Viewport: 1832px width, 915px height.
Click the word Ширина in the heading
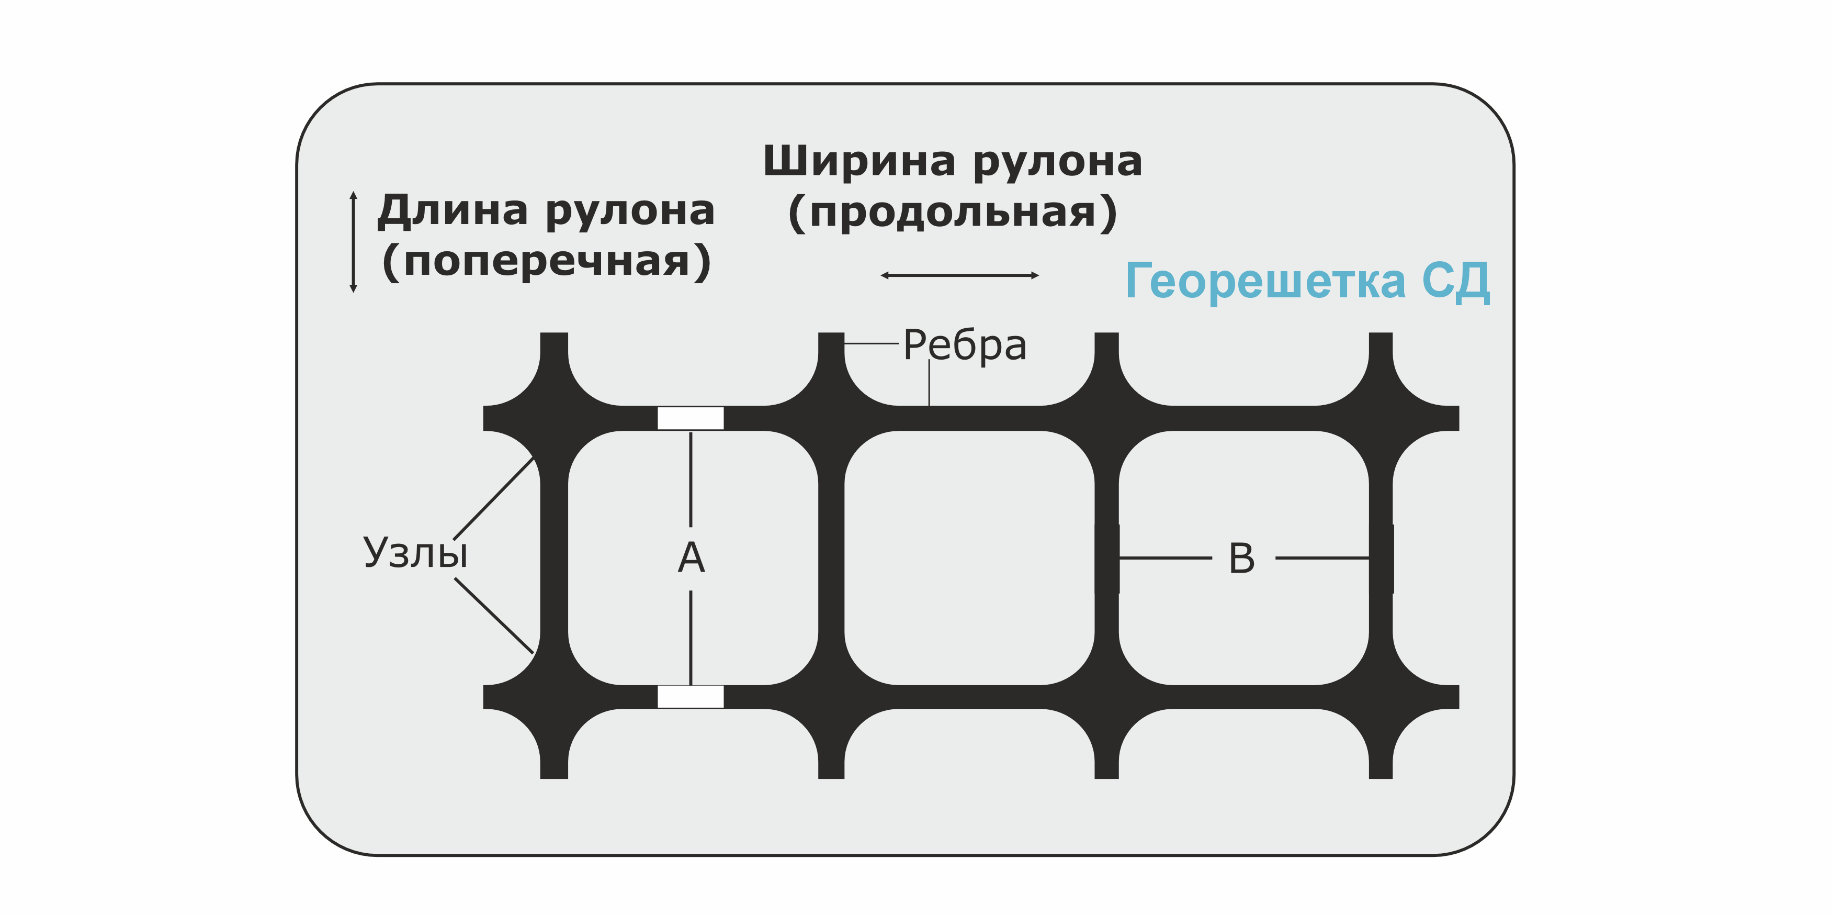(859, 162)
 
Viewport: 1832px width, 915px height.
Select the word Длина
(453, 211)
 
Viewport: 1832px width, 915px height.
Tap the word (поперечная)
(546, 261)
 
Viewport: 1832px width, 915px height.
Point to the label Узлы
(416, 553)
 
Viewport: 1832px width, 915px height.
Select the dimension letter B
(1242, 559)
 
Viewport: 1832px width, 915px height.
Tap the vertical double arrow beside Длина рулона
(354, 242)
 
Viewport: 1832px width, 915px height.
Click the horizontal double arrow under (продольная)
(959, 275)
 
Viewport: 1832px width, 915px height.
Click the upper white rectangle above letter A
(690, 418)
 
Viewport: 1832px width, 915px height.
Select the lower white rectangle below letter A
(690, 697)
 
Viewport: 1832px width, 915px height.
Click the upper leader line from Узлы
(493, 498)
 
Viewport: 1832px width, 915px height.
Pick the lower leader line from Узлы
(493, 616)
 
